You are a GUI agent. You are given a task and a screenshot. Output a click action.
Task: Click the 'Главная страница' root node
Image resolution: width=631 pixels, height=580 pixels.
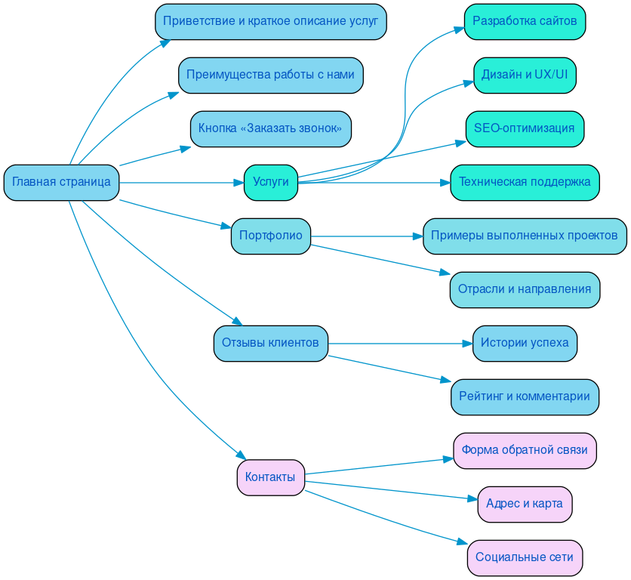[61, 182]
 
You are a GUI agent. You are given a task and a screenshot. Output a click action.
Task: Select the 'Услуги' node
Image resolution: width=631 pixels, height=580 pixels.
[270, 182]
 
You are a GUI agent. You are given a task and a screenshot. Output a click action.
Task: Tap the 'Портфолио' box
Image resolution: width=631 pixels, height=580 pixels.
[270, 236]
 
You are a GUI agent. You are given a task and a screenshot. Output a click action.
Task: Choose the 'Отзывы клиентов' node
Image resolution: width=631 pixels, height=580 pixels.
[270, 343]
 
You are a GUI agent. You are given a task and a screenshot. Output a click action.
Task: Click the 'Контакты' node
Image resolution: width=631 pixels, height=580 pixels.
[270, 477]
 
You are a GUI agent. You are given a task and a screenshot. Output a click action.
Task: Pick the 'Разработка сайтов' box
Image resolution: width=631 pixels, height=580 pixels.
[525, 21]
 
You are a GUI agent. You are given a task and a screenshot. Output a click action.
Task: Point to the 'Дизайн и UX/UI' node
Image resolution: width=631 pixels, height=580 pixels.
[525, 75]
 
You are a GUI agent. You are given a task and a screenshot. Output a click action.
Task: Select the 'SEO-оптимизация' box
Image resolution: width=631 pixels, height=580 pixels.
[525, 128]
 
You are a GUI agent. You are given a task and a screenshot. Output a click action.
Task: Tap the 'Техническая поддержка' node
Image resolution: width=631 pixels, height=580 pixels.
[525, 182]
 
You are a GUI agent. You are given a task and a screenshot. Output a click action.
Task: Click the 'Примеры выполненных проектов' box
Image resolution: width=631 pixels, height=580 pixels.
[525, 236]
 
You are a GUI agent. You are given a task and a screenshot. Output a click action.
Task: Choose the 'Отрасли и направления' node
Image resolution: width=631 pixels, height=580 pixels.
[525, 289]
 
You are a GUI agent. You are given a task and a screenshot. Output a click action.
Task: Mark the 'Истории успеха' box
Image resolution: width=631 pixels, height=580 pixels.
[525, 343]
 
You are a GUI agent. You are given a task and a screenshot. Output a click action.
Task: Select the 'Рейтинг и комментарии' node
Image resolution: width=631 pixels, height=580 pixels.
[525, 396]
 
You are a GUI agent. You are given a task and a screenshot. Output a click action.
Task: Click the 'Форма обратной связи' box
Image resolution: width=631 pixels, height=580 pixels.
[525, 450]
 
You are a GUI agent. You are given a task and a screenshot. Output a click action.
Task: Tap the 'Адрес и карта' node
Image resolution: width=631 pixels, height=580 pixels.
[525, 504]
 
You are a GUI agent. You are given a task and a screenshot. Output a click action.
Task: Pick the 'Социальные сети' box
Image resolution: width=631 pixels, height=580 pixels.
[525, 557]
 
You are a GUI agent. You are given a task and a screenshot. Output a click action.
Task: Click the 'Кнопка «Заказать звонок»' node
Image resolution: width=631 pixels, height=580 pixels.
[270, 128]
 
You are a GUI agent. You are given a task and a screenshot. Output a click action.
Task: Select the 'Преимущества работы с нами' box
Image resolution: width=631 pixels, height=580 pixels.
[270, 75]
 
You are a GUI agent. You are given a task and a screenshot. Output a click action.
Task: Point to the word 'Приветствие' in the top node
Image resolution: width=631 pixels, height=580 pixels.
[197, 21]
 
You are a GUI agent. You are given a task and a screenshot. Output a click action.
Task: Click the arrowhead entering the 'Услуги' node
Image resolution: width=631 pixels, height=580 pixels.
[239, 182]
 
